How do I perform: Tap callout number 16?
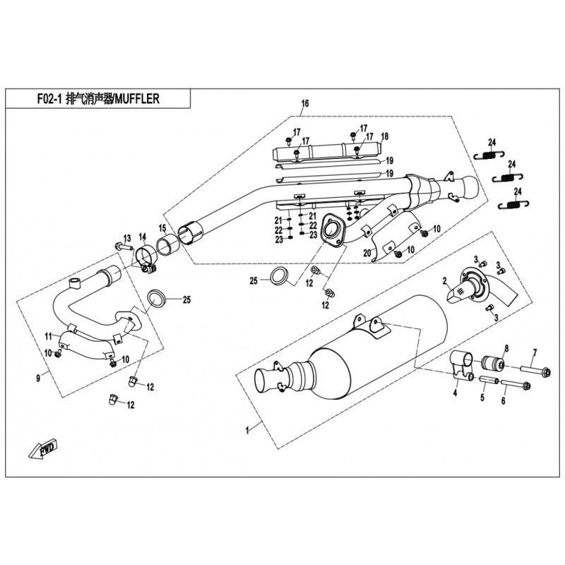pos(305,105)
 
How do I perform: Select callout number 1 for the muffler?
pos(247,429)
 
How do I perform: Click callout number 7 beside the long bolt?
pos(535,353)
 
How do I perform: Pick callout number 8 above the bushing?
pos(505,347)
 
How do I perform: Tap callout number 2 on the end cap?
pos(446,281)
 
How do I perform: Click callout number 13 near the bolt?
pos(128,237)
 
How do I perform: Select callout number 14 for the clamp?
pos(142,237)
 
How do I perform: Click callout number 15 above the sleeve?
pos(162,228)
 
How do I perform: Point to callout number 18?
pos(385,136)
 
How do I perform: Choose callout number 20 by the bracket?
pos(367,253)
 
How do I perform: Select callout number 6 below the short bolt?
pos(504,402)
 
